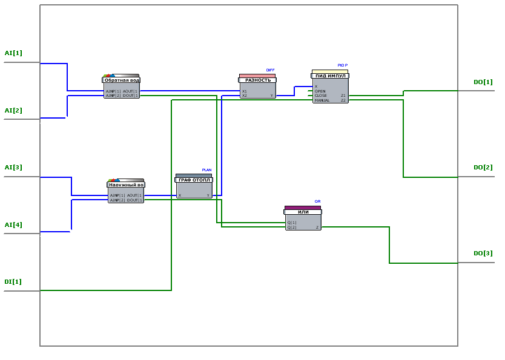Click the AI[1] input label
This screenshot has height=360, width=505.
pos(13,53)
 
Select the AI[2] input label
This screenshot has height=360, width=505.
pos(13,111)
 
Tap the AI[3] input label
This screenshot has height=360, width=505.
pos(13,168)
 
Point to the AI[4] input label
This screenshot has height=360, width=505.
pos(13,225)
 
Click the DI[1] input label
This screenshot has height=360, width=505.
pos(13,282)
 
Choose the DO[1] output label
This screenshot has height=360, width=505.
pos(483,82)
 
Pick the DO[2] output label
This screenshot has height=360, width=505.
pos(483,168)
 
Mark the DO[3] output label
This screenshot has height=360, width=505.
pos(483,254)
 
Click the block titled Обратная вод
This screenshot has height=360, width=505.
pos(122,80)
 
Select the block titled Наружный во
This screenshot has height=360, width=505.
pos(126,185)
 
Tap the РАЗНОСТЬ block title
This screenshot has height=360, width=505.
pos(258,80)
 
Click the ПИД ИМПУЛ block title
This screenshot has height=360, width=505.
pos(331,76)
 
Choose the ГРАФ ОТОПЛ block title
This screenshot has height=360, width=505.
pos(194,180)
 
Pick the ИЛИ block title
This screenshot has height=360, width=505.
pos(303,212)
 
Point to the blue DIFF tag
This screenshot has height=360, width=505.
pos(270,70)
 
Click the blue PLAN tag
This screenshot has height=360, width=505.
pos(206,170)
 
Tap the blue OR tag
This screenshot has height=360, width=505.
pos(317,201)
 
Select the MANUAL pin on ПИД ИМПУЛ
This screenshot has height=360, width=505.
pos(322,100)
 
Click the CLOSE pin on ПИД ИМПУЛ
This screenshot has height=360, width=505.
pos(321,96)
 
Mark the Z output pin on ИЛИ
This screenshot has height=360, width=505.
pos(317,227)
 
